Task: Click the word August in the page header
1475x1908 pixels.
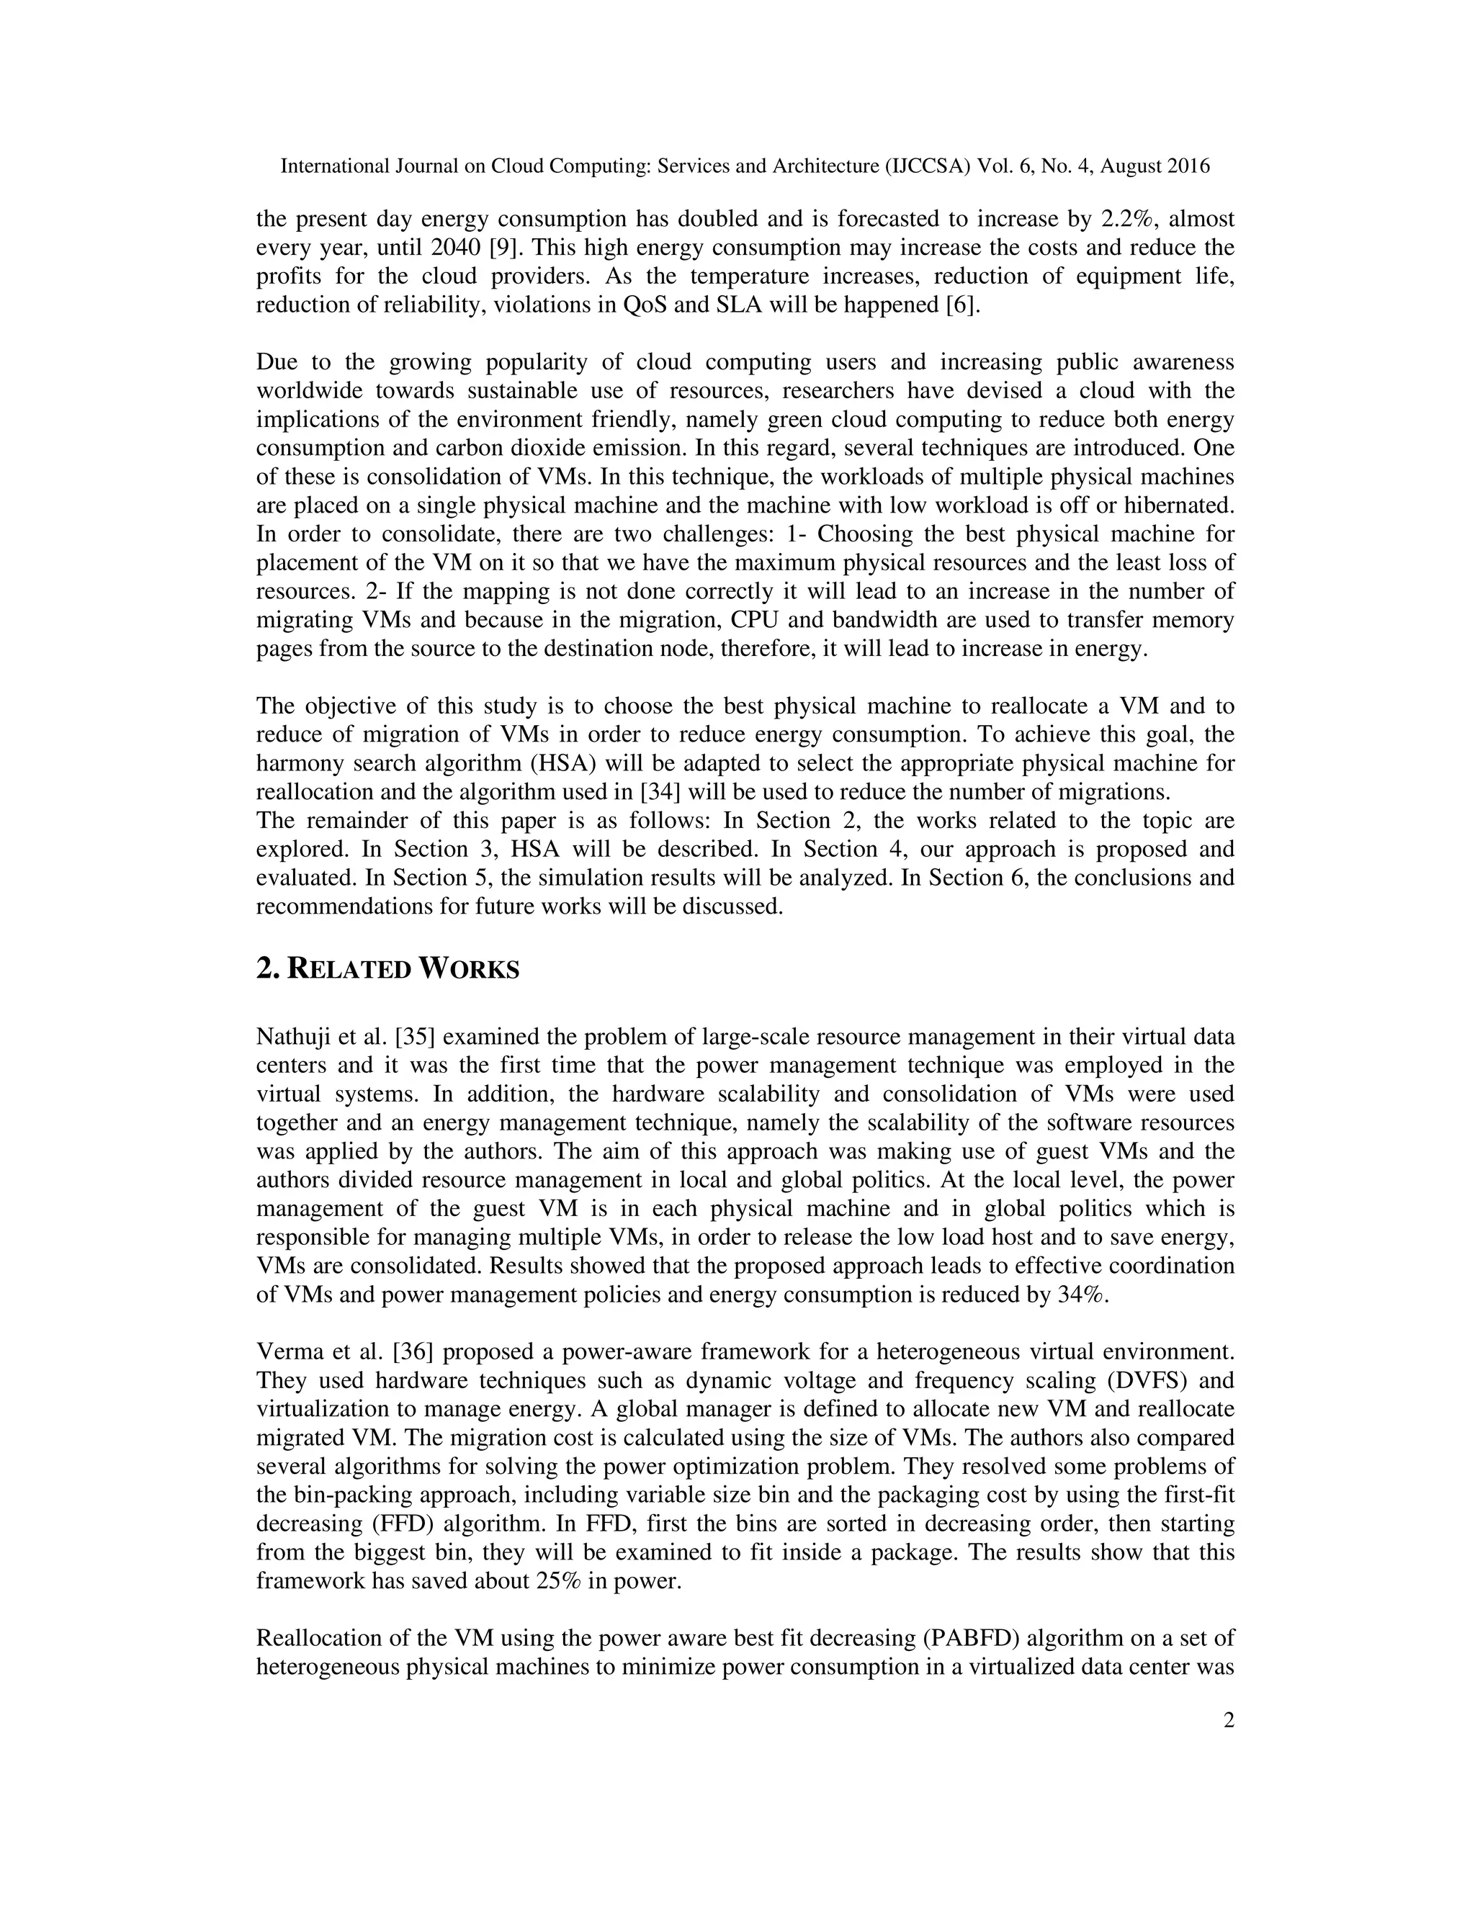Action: coord(1131,166)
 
